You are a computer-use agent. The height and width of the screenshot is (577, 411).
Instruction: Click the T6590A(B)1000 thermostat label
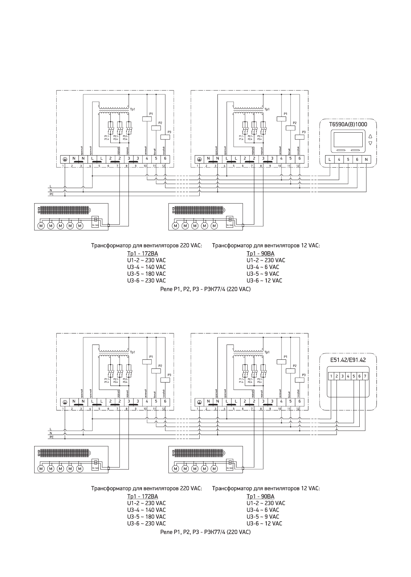pos(348,124)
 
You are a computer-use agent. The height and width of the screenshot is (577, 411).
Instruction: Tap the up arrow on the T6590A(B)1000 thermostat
pos(370,137)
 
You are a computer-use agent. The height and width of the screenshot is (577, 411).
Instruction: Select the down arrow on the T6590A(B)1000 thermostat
pos(370,143)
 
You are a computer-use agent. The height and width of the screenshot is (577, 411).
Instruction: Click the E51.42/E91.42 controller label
pos(348,360)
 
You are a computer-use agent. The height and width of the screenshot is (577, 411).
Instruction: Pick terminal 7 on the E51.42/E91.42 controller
pos(365,376)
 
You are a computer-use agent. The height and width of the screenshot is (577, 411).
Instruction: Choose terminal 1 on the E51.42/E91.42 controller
pos(331,376)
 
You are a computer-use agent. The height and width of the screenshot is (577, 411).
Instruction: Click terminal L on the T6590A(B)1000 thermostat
pos(330,160)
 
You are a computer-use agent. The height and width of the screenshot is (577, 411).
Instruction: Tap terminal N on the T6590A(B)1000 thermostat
pos(366,160)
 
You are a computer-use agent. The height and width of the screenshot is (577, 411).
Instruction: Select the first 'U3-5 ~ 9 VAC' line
pos(263,274)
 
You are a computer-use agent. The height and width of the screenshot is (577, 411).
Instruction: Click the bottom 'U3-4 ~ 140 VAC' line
pos(146,510)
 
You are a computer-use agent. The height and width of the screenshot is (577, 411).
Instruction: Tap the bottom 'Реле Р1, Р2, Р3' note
pos(205,532)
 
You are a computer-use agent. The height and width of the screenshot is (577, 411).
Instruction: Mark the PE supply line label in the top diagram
pos(51,194)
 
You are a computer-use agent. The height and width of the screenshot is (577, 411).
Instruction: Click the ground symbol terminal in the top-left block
pos(65,159)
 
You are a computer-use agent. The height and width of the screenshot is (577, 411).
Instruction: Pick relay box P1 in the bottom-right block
pos(281,361)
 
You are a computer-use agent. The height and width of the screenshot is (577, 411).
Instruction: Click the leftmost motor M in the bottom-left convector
pos(41,469)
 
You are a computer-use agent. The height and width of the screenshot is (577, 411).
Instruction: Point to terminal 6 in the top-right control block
pos(299,159)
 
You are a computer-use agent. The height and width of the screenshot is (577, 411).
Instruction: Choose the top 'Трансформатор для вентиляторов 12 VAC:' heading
pos(266,246)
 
